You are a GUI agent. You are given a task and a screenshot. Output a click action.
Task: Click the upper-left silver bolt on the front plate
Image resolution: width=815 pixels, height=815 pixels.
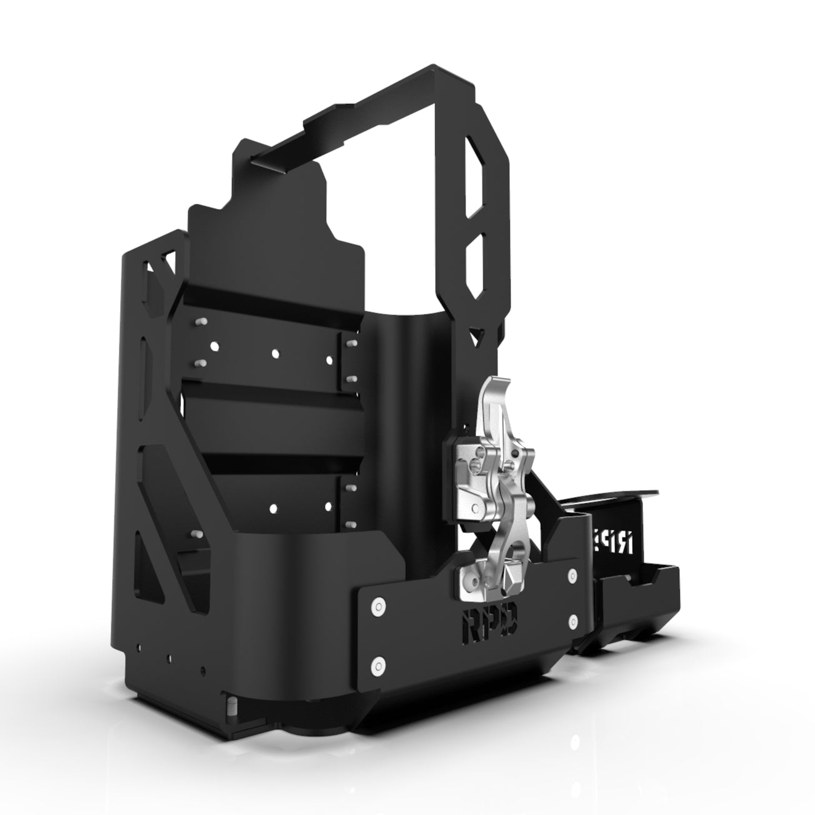click(376, 604)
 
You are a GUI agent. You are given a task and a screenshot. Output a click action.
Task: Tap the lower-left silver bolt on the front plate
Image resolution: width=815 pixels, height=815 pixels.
click(377, 662)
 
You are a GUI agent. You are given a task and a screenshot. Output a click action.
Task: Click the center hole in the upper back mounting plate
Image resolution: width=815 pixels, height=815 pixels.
click(275, 353)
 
